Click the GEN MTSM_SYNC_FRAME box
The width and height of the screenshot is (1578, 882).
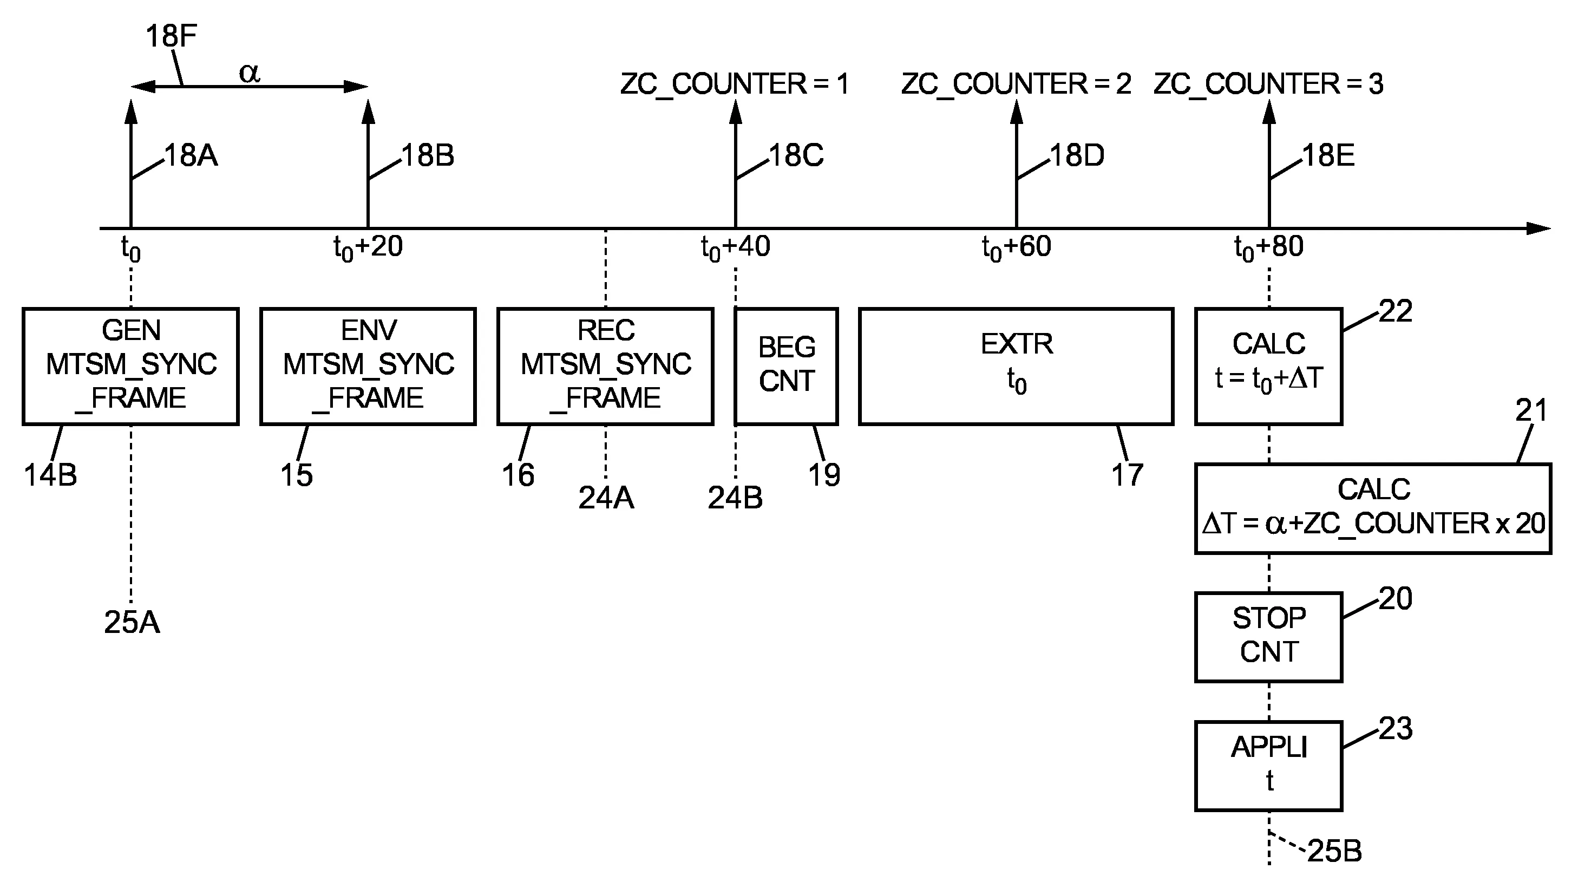130,365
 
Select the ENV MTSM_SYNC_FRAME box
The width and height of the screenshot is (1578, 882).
368,365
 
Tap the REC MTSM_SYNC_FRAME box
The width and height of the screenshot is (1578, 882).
605,365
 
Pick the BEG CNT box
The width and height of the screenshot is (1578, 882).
787,365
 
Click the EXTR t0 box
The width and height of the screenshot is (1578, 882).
1016,365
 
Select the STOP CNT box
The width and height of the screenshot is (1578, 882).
1269,636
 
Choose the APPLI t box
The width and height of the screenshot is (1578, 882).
1269,766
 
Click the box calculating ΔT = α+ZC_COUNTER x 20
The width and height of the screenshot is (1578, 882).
1373,508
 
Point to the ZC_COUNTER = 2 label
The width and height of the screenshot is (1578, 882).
1016,84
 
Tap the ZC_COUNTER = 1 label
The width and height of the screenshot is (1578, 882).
735,84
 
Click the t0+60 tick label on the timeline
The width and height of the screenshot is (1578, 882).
1016,247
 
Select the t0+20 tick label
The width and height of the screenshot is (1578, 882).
368,247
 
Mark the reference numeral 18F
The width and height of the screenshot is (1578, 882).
171,36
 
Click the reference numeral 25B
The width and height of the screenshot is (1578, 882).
1334,851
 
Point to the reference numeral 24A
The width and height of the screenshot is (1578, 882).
606,498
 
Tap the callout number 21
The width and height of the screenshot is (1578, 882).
1531,410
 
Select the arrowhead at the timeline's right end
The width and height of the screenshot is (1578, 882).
1539,228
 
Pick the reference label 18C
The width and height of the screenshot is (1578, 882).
796,155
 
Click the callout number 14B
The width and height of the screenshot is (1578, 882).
50,475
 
